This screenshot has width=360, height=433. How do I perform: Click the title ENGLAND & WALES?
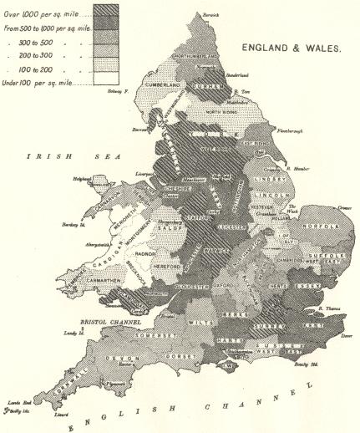292,49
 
